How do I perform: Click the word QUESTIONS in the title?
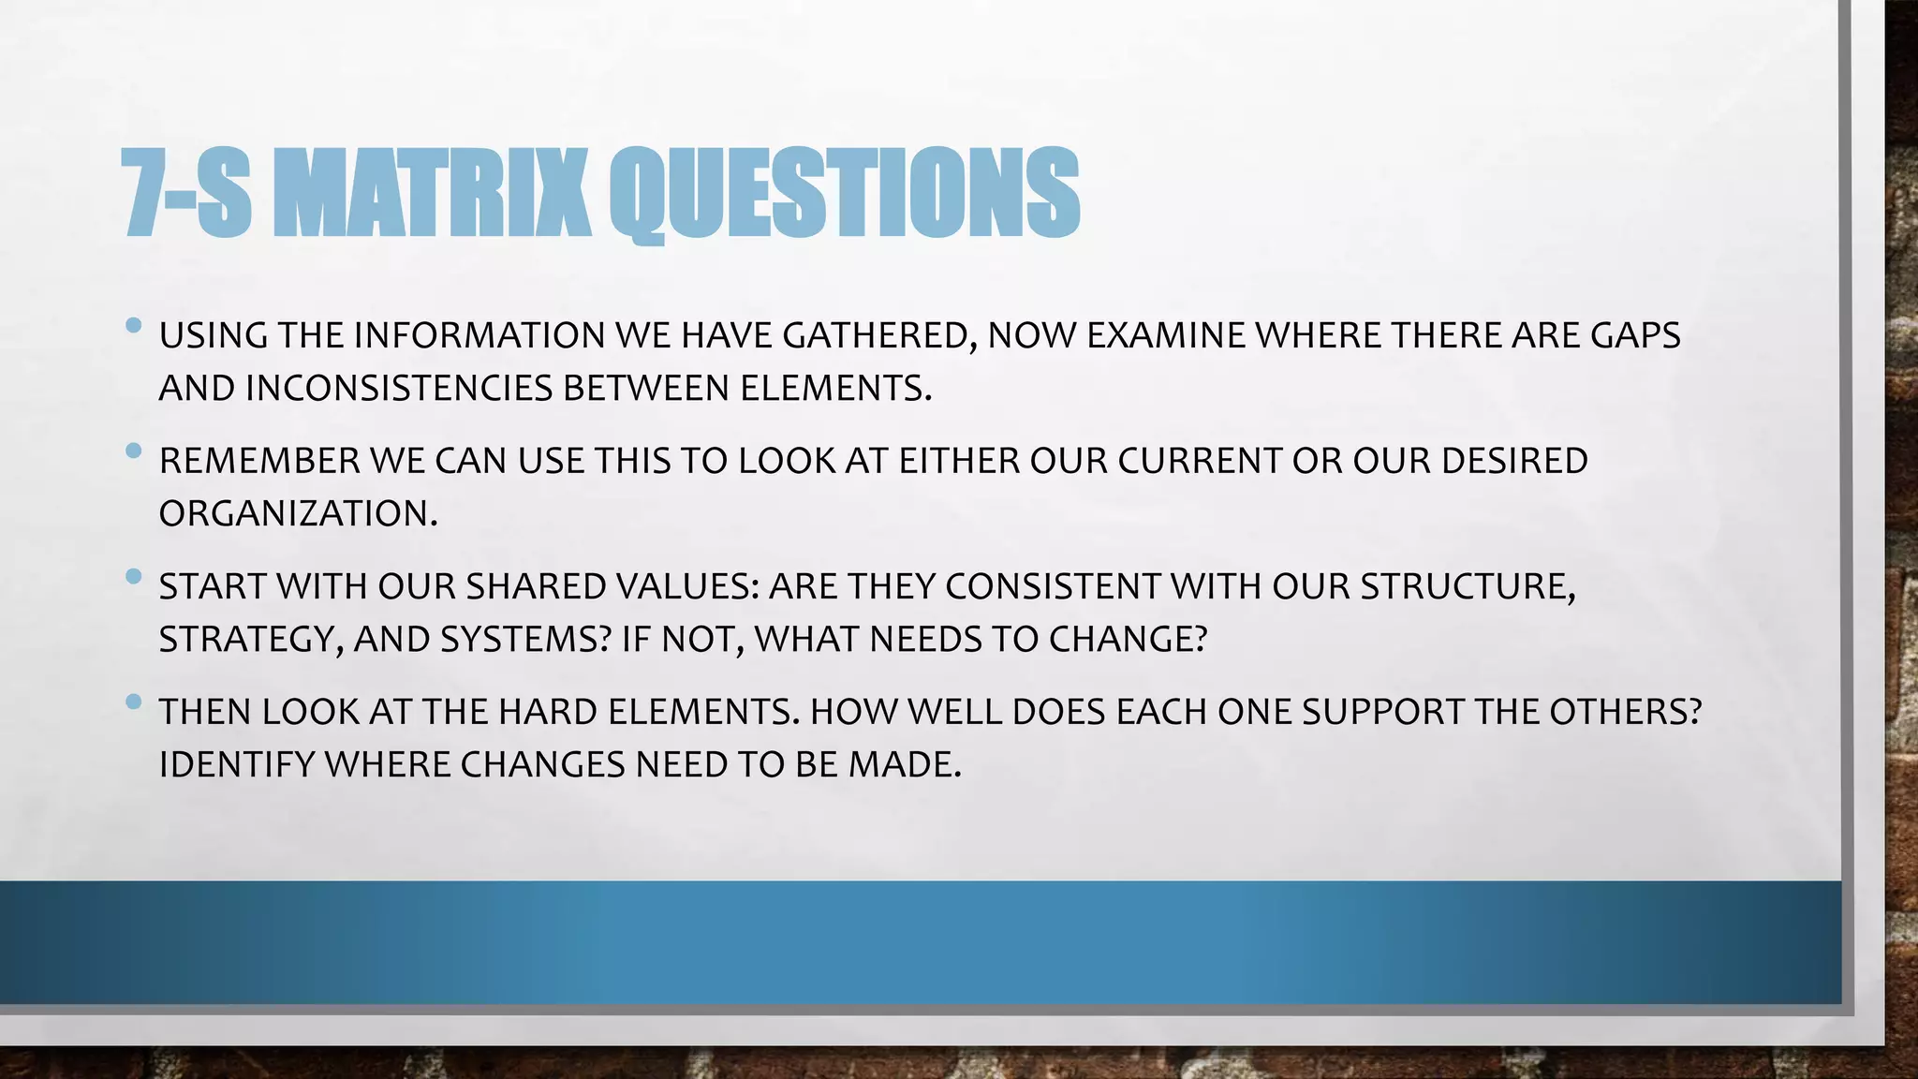pyautogui.click(x=844, y=193)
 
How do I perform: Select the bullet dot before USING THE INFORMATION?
pyautogui.click(x=133, y=326)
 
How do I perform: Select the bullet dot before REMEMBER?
pyautogui.click(x=133, y=451)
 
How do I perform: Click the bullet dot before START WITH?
pyautogui.click(x=133, y=576)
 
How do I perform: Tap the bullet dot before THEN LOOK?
pyautogui.click(x=133, y=702)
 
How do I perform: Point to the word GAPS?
pyautogui.click(x=1635, y=335)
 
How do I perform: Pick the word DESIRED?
pyautogui.click(x=1513, y=461)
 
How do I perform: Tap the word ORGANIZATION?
pyautogui.click(x=297, y=513)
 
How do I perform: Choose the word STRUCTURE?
pyautogui.click(x=1466, y=586)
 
